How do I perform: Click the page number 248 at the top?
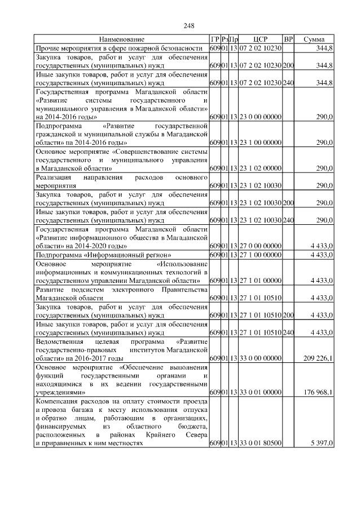click(x=189, y=25)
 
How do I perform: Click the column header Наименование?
click(x=121, y=39)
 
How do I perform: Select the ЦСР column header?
click(x=260, y=39)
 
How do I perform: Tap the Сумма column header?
click(x=314, y=39)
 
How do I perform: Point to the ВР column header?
click(x=288, y=39)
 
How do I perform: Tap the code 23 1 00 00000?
click(x=259, y=143)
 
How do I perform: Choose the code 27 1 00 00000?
click(x=259, y=255)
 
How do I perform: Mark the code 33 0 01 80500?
click(x=259, y=444)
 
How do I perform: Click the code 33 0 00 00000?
click(x=259, y=358)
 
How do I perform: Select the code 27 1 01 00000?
click(x=259, y=281)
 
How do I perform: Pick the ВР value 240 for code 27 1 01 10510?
click(x=288, y=332)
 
